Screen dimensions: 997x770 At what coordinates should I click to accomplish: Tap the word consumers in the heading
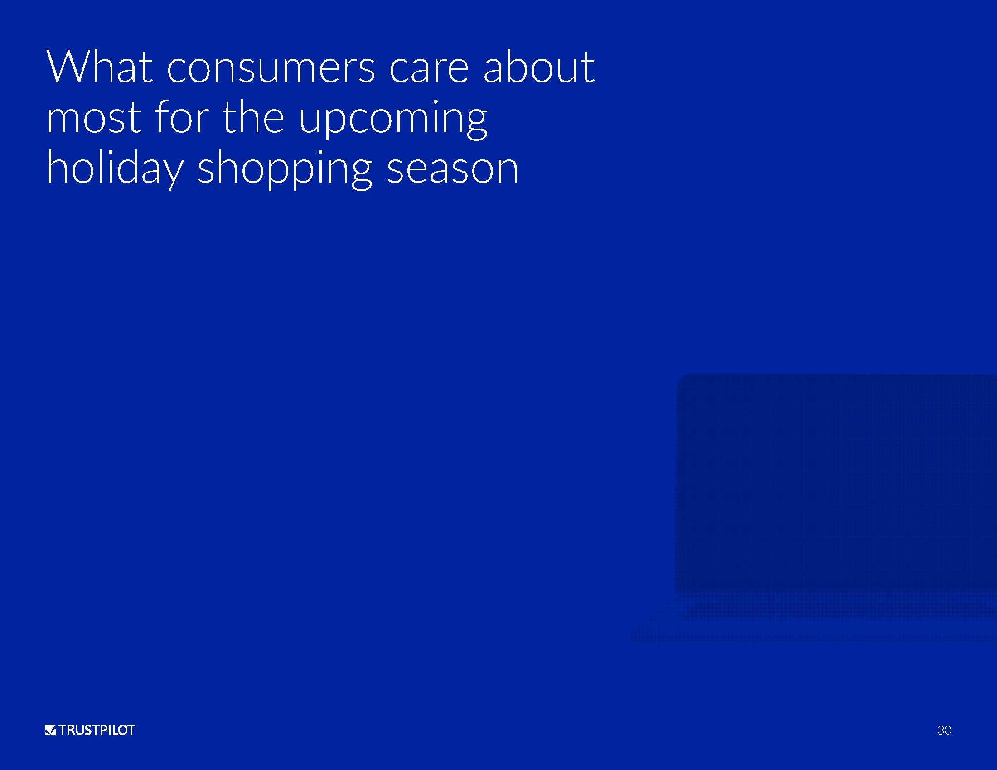tap(271, 70)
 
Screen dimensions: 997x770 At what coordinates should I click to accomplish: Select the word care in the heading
tap(429, 70)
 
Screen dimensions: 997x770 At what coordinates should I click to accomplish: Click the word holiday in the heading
tap(115, 168)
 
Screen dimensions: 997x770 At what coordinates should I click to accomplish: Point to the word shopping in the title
tap(285, 168)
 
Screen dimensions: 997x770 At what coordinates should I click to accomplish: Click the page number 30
tap(944, 730)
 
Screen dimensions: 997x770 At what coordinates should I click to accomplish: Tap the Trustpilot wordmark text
tap(97, 730)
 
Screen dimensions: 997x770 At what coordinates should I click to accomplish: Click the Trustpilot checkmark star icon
tap(50, 730)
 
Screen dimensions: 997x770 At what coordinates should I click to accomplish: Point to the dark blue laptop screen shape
tap(835, 484)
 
